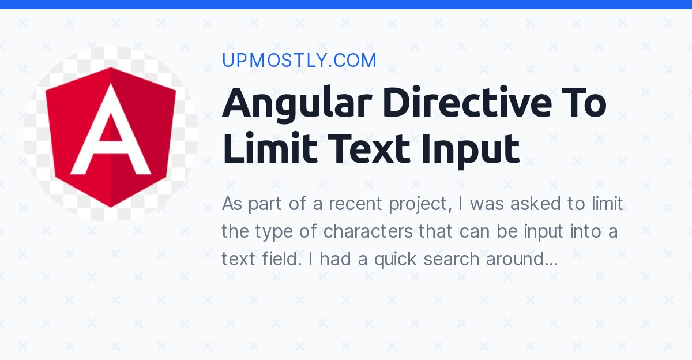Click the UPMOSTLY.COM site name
point(299,61)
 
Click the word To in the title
point(583,103)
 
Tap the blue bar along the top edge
point(346,4)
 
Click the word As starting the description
point(232,204)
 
